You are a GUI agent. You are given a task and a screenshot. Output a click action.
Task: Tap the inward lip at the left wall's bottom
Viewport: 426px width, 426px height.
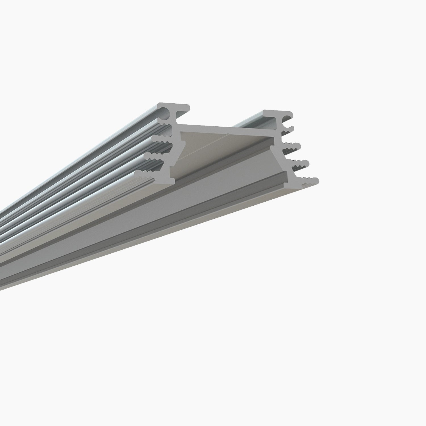[172, 182]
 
